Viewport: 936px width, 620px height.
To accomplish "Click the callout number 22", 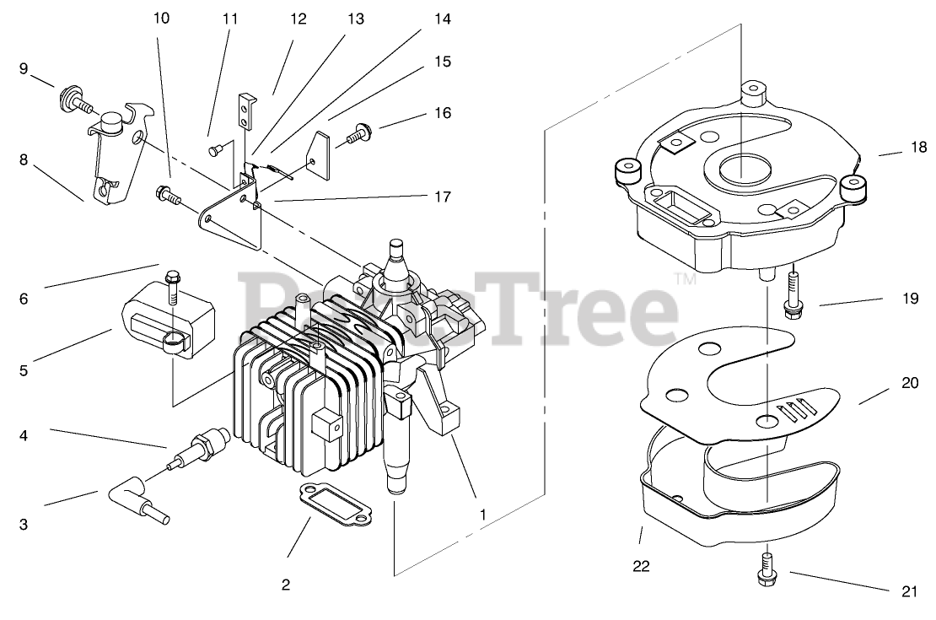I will coord(642,568).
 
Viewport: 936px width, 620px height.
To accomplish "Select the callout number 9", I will coord(24,68).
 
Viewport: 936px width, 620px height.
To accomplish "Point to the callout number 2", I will coord(286,585).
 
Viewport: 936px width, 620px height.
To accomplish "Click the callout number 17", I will coord(442,197).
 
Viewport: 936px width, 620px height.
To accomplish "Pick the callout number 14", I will coord(442,18).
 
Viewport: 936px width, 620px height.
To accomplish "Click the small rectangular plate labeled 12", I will coord(245,111).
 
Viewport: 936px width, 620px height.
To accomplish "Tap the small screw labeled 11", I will coord(213,150).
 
